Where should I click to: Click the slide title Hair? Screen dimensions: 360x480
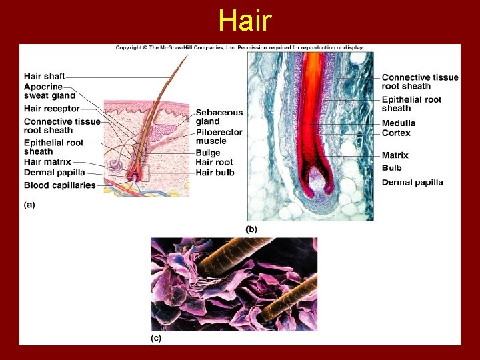tap(245, 21)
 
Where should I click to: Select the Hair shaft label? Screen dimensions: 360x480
tap(45, 77)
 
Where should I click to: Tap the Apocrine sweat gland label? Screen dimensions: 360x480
tap(49, 91)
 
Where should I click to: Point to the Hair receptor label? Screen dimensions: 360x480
tap(51, 109)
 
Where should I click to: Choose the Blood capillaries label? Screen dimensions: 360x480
tap(60, 185)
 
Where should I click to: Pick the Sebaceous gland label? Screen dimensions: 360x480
tap(219, 117)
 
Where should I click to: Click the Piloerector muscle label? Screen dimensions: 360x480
tap(220, 137)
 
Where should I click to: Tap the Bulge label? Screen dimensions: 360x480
tap(208, 153)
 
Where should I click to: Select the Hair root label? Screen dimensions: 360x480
tap(214, 162)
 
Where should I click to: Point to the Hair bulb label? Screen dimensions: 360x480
tap(215, 173)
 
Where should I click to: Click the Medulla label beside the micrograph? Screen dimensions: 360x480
tap(399, 123)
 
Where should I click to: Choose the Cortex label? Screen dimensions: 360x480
tap(396, 133)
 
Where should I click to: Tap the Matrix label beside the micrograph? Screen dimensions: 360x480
tap(395, 155)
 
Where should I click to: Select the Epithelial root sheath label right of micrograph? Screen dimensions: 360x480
tap(411, 104)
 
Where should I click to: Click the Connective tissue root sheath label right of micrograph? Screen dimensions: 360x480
tap(420, 81)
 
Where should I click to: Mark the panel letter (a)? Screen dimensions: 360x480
tap(29, 205)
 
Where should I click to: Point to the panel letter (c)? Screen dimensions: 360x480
tap(155, 338)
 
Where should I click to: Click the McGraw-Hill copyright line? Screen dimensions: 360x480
tap(240, 48)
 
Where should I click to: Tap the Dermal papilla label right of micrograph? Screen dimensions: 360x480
tap(412, 182)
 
